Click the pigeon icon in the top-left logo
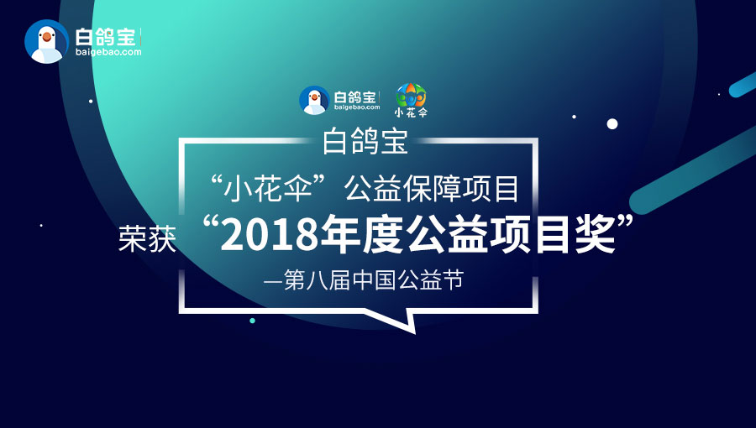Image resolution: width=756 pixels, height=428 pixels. (47, 41)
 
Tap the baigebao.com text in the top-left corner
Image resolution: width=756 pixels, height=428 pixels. (108, 52)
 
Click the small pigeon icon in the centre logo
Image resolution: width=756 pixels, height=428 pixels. (314, 100)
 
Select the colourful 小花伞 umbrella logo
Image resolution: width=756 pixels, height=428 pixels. (412, 100)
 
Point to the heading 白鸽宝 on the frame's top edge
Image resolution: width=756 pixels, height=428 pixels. (365, 141)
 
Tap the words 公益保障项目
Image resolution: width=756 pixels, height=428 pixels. (432, 188)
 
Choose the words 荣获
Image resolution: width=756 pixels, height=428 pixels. (148, 238)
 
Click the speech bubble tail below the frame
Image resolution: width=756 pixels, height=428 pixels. (396, 320)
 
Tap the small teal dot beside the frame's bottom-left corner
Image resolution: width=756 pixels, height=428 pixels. (252, 321)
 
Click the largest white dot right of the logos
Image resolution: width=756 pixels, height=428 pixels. (612, 124)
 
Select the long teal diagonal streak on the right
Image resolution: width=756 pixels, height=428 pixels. (693, 171)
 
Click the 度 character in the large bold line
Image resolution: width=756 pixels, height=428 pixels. (383, 234)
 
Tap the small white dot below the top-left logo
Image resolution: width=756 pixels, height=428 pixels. (91, 101)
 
